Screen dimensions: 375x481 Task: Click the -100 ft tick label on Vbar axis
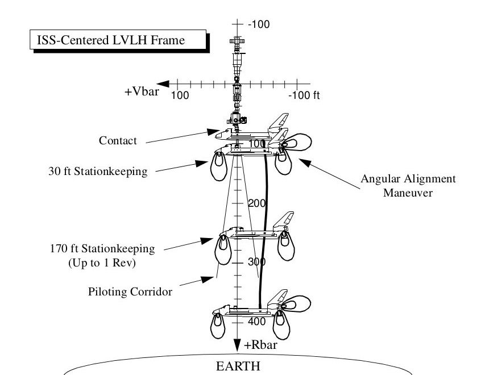304,95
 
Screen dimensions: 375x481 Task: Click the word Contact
118,140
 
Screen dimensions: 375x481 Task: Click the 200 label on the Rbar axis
258,203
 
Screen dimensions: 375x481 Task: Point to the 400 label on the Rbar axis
257,322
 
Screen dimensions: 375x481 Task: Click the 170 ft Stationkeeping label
102,248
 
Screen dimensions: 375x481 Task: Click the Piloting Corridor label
130,292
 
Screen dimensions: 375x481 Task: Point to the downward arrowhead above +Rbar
237,343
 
